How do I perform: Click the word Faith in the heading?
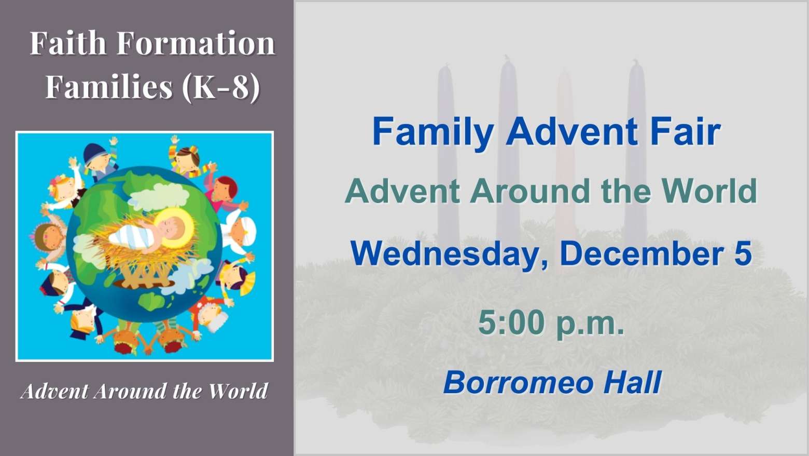pyautogui.click(x=67, y=43)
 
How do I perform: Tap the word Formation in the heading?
pyautogui.click(x=196, y=43)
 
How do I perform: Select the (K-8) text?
pyautogui.click(x=221, y=87)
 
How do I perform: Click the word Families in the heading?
pyautogui.click(x=109, y=86)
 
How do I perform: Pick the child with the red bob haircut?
pyautogui.click(x=225, y=192)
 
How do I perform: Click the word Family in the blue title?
pyautogui.click(x=433, y=133)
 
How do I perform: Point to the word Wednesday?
pyautogui.click(x=450, y=254)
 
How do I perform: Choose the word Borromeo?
pyautogui.click(x=519, y=382)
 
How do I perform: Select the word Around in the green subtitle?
pyautogui.click(x=530, y=191)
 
